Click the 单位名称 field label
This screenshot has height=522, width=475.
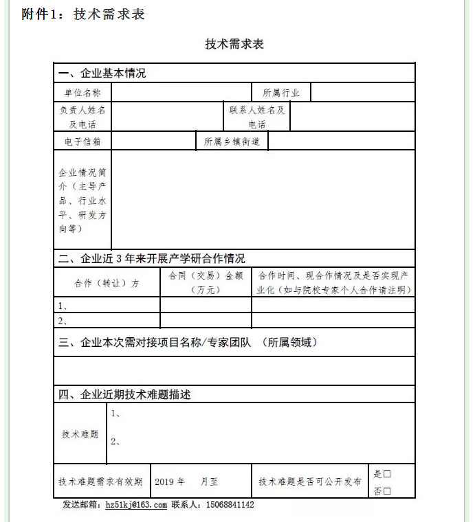[82, 93]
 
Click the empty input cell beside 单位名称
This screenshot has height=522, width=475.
[181, 93]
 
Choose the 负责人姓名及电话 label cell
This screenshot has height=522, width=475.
[82, 117]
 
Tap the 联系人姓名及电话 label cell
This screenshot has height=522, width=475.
[256, 117]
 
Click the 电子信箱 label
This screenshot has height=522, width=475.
[82, 141]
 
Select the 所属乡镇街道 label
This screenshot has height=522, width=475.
[232, 141]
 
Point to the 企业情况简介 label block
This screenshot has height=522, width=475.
[82, 200]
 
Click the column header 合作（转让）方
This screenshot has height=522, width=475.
[107, 283]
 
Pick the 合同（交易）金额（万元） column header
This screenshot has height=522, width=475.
[206, 282]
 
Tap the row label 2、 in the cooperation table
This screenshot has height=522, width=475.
[63, 321]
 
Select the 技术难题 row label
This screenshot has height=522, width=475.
[80, 434]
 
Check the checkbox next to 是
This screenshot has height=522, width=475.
[387, 474]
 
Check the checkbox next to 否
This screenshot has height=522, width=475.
[387, 491]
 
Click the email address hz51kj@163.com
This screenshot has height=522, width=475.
[136, 505]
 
